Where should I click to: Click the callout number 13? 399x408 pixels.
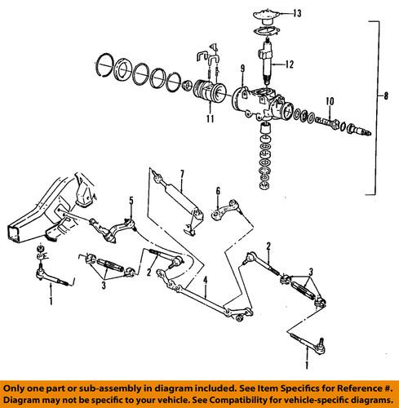(x=297, y=14)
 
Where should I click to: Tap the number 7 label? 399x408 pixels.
(x=184, y=174)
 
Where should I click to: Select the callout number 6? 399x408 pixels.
(x=219, y=191)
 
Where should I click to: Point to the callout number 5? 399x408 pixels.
(x=129, y=200)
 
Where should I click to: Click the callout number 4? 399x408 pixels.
(x=207, y=282)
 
